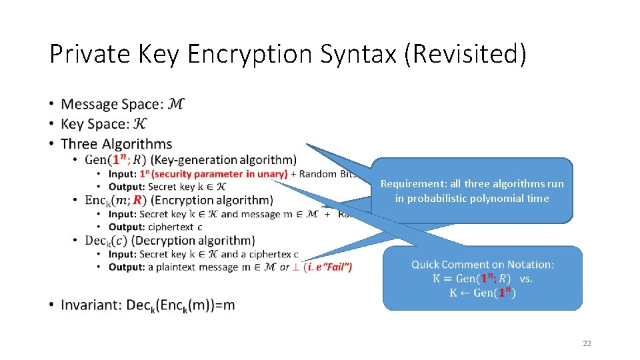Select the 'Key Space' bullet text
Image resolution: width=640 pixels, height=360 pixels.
(95, 124)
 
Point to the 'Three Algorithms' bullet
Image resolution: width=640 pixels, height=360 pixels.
(116, 144)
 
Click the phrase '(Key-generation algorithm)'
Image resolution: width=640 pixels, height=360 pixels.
(224, 160)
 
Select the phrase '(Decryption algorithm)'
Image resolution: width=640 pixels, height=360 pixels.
(203, 241)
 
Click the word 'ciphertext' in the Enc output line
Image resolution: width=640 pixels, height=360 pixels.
(171, 227)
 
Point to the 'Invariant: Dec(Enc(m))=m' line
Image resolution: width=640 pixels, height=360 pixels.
(147, 305)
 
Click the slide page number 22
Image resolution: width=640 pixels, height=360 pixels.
(587, 343)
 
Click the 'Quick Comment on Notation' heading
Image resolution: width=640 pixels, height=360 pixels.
(482, 265)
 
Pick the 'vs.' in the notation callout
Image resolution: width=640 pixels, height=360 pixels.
(525, 279)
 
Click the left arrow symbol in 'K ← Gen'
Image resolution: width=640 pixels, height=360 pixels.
(465, 293)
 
